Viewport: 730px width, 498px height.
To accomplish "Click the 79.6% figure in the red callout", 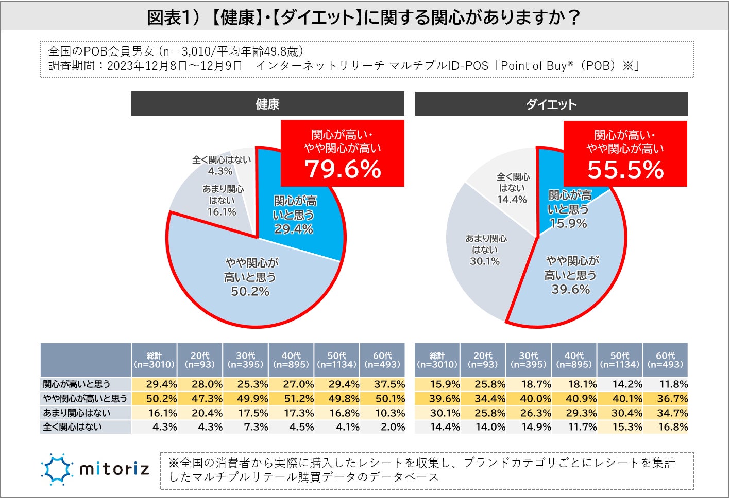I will tap(343, 169).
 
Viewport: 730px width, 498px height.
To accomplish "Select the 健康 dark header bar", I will tap(267, 104).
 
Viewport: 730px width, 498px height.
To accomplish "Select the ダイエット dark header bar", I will tap(551, 104).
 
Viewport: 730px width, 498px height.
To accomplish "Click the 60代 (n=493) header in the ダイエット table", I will tap(665, 360).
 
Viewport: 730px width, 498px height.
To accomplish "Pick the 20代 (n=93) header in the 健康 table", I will tap(200, 360).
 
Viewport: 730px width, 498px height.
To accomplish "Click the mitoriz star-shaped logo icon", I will tap(57, 469).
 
